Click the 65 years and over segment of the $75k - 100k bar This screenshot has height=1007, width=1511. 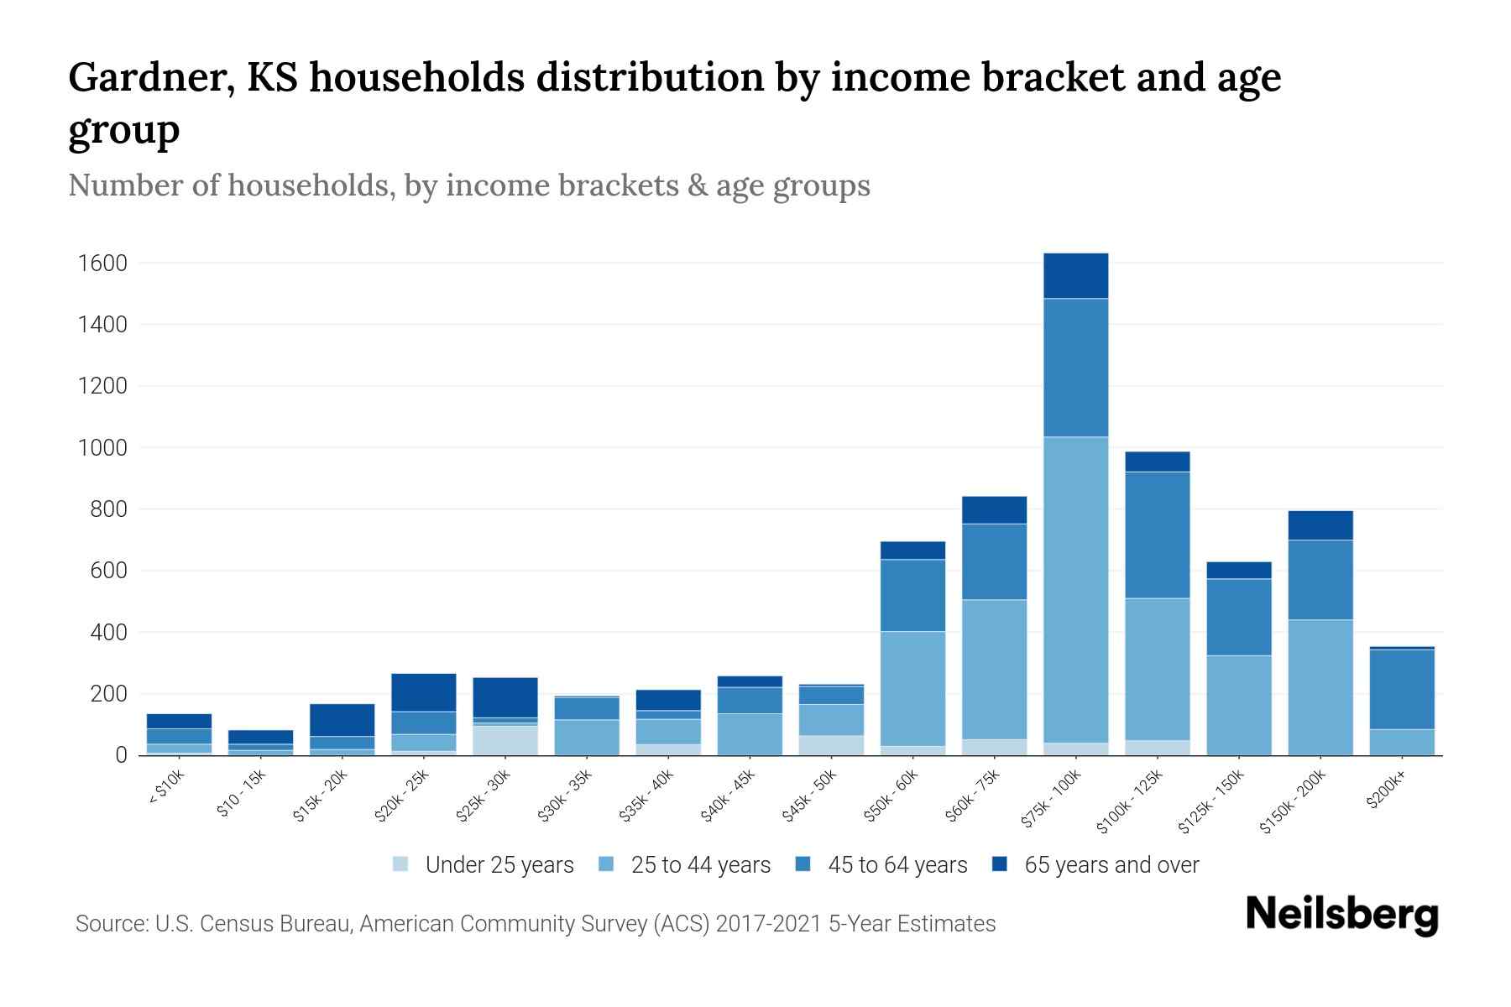coord(1075,275)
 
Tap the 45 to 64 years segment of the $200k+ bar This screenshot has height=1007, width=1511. coord(1401,689)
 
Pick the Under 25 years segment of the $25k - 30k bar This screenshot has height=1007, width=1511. coord(505,739)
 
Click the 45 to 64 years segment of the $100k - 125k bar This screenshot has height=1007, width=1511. coord(1157,535)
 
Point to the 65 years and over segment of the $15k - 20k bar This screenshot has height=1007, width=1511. coord(342,719)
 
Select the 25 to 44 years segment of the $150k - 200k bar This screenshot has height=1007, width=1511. coord(1320,686)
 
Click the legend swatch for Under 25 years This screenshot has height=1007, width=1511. coord(400,864)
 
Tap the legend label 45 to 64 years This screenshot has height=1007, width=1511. coord(897,864)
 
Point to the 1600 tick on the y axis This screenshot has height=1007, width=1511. coord(102,263)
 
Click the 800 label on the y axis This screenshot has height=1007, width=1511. coord(108,509)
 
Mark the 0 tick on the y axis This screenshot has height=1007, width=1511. coord(122,755)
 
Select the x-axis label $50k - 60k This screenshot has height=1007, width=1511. coord(891,796)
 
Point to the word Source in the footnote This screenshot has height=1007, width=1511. coord(109,924)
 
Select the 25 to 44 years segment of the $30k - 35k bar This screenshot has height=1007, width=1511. coord(586,737)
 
